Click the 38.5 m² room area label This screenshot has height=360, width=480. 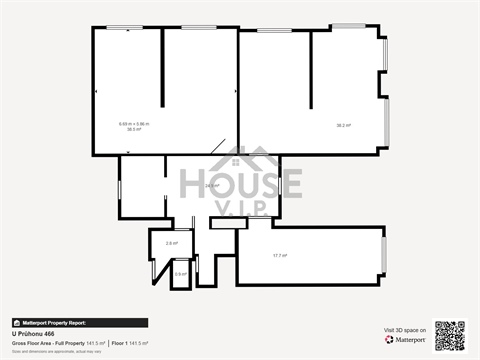click(x=133, y=129)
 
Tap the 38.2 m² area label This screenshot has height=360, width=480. click(x=343, y=125)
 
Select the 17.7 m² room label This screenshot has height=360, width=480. click(x=280, y=255)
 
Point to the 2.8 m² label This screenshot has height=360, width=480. click(x=171, y=243)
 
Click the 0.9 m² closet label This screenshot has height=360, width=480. click(x=180, y=273)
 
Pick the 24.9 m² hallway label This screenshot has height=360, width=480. click(x=212, y=186)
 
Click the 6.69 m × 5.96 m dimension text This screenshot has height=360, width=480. click(x=133, y=123)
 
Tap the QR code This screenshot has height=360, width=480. click(x=450, y=335)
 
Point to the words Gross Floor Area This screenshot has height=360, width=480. click(x=33, y=343)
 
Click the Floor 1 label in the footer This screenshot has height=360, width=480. click(x=119, y=343)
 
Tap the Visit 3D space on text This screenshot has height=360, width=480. click(x=405, y=330)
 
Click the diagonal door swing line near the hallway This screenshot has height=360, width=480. click(x=217, y=147)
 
